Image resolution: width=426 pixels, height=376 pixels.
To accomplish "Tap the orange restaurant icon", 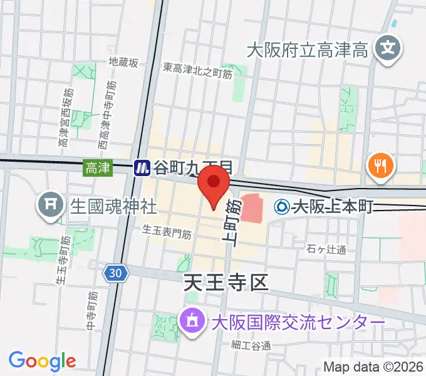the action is click(380, 165).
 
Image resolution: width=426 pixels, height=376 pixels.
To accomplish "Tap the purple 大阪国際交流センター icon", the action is click(191, 322).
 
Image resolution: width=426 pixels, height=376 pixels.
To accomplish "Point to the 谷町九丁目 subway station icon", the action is click(142, 167).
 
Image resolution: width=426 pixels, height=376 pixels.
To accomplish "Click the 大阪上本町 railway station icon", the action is click(283, 206).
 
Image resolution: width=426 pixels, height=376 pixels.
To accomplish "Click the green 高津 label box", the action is click(98, 167).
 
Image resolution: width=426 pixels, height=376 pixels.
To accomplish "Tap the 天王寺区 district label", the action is click(226, 283).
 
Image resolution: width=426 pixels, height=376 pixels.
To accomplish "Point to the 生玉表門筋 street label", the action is click(167, 231).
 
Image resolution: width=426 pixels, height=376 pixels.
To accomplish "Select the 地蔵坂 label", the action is click(123, 62).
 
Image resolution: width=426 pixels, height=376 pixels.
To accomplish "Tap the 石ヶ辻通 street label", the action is click(327, 250).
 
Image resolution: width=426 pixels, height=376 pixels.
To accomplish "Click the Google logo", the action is click(42, 360).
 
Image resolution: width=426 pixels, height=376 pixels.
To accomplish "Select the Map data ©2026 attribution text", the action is click(373, 367).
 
